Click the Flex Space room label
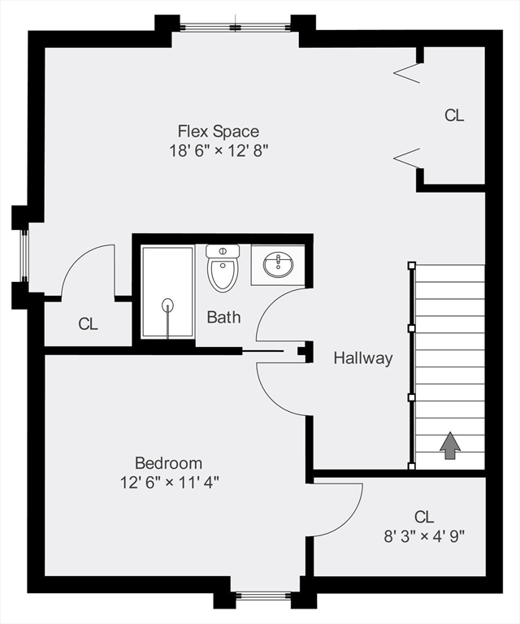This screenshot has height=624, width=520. pos(219,131)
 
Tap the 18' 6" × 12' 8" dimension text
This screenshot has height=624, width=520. pos(219,150)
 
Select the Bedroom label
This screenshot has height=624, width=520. pos(168,463)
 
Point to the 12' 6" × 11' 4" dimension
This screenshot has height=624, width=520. pos(168,482)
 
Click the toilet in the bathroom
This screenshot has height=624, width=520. pos(223,268)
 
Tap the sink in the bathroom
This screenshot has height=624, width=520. pos(278,264)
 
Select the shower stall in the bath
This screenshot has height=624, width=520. pos(167,292)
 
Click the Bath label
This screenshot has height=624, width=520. pos(223,317)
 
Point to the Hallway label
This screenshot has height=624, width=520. pos(363,357)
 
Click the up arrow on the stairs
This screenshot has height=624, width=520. pos(449,445)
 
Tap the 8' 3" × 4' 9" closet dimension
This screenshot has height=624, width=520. pos(423,536)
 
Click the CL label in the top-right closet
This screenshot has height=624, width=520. pos(454,115)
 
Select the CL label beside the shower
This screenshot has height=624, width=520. pos(88,324)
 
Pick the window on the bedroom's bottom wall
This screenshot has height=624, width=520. pos(263,597)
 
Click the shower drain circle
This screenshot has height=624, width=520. pos(168,305)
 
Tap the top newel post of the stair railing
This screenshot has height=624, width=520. pos(412,265)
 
